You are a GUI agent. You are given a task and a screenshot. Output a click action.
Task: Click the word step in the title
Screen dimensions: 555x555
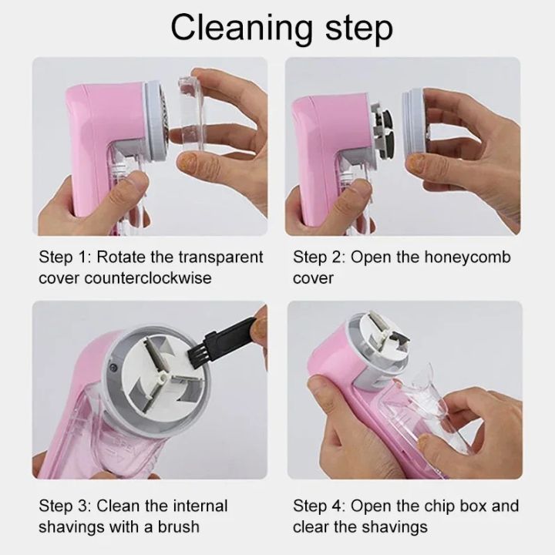351,29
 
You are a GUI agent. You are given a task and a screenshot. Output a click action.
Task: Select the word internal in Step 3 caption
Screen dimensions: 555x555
195,506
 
